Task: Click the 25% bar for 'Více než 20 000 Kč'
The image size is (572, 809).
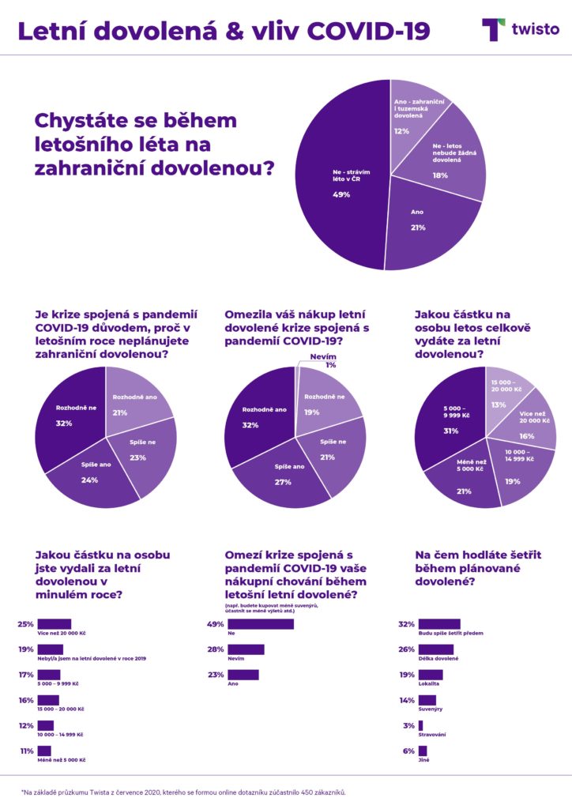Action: pos(55,624)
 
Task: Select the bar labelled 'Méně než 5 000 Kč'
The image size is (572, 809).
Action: pos(44,751)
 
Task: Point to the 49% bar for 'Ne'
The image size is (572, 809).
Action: pos(261,624)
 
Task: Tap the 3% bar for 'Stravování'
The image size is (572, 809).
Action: pos(421,725)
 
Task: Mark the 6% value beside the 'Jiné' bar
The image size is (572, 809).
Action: pos(408,751)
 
